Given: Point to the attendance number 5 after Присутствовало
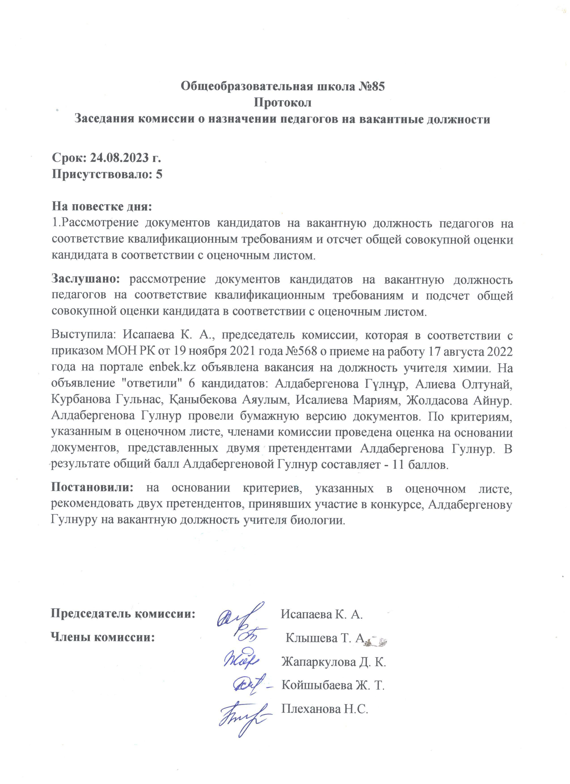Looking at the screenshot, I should [159, 174].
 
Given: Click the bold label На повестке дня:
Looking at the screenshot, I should [102, 207].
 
